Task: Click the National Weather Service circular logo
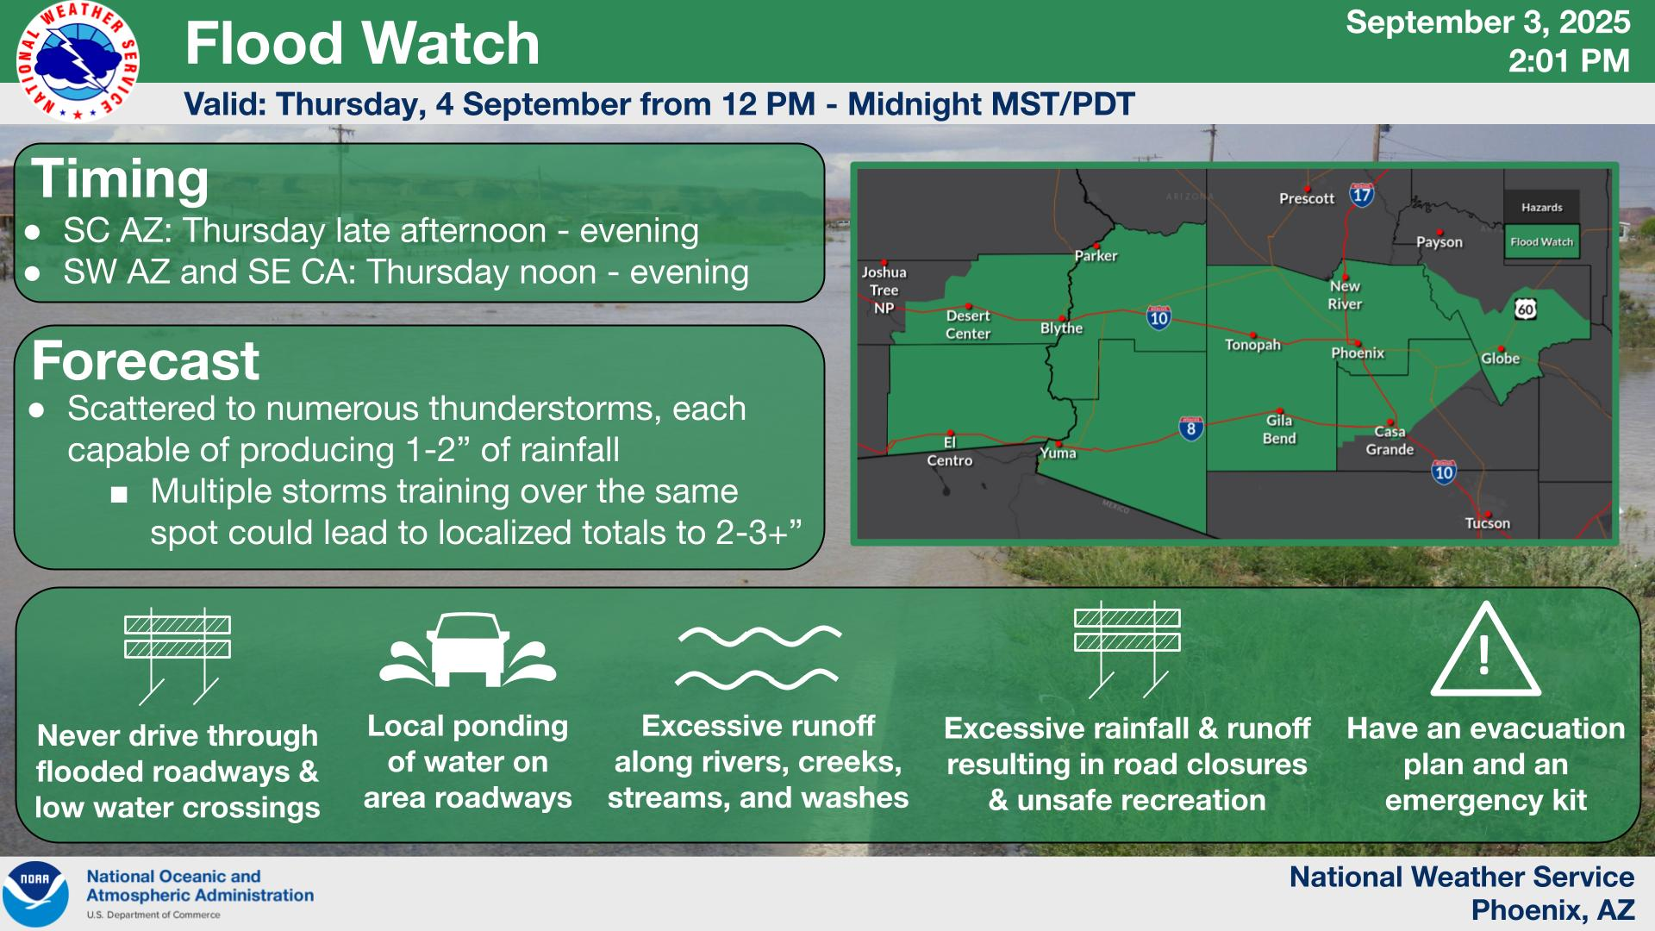pos(78,61)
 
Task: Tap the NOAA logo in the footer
pos(35,894)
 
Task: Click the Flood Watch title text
pos(362,43)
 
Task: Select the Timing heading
pos(120,178)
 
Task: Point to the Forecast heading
pos(145,360)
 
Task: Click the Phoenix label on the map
pos(1358,353)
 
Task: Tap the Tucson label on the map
pos(1488,523)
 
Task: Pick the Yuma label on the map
pos(1058,453)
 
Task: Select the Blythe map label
pos(1061,328)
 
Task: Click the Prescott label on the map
pos(1307,198)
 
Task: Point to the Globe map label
pos(1500,359)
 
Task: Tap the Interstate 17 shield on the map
pos(1361,194)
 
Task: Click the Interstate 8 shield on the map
pos(1190,428)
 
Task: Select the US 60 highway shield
pos(1525,309)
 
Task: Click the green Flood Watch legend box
pos(1541,242)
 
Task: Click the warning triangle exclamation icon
pos(1485,649)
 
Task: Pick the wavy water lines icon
pos(759,657)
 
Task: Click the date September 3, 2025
pos(1488,22)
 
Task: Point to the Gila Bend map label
pos(1279,429)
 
